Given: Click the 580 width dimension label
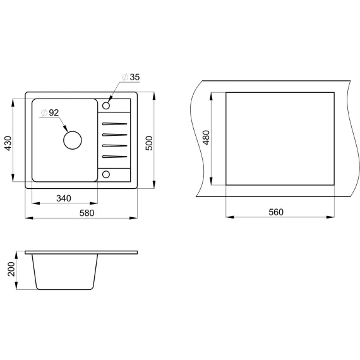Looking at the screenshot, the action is [87, 213].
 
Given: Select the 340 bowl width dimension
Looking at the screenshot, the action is [64, 198].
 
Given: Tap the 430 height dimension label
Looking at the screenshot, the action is [8, 143].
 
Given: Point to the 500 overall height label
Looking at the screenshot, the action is [149, 143].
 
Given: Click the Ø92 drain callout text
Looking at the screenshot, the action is [50, 112].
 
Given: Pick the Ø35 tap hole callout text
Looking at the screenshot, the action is [131, 77].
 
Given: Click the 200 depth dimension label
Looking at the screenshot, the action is [11, 269].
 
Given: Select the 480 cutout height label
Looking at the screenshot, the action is [206, 138].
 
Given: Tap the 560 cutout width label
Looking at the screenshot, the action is [276, 212].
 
